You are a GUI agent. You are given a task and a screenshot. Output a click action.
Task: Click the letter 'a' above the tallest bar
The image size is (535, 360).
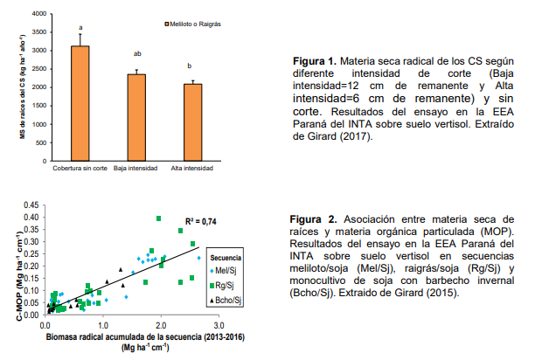pyautogui.click(x=80, y=27)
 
